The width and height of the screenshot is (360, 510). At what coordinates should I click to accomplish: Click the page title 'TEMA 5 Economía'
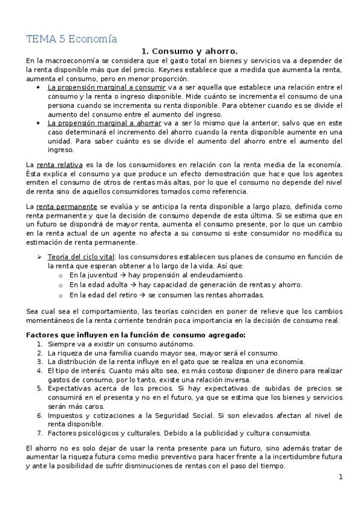pyautogui.click(x=71, y=40)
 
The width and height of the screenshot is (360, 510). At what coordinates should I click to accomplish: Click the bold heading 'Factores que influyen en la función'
pyautogui.click(x=136, y=334)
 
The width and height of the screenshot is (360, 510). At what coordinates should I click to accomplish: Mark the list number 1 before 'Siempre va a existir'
pyautogui.click(x=39, y=343)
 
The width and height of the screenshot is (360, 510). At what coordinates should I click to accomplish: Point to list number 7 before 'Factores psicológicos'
pyautogui.click(x=39, y=433)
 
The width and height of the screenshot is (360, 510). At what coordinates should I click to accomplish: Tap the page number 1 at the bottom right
pyautogui.click(x=340, y=477)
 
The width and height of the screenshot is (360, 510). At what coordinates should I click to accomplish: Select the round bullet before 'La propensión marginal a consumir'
pyautogui.click(x=38, y=88)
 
